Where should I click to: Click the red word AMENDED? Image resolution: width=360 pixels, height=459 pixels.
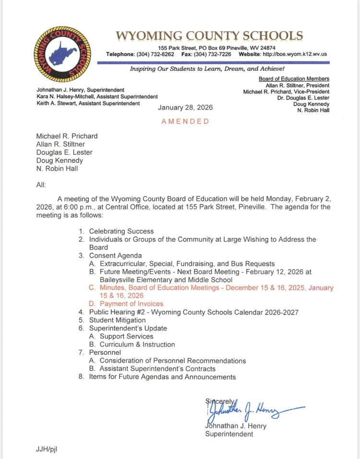click(x=185, y=121)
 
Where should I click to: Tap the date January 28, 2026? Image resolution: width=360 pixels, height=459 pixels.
click(x=185, y=107)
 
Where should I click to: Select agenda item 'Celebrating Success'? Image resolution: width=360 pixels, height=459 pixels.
click(x=121, y=231)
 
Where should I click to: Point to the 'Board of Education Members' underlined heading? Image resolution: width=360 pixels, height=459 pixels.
click(x=294, y=79)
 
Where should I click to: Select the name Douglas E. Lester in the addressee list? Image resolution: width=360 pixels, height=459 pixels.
click(x=64, y=153)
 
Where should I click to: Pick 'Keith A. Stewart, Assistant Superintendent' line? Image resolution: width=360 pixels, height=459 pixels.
click(x=88, y=103)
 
